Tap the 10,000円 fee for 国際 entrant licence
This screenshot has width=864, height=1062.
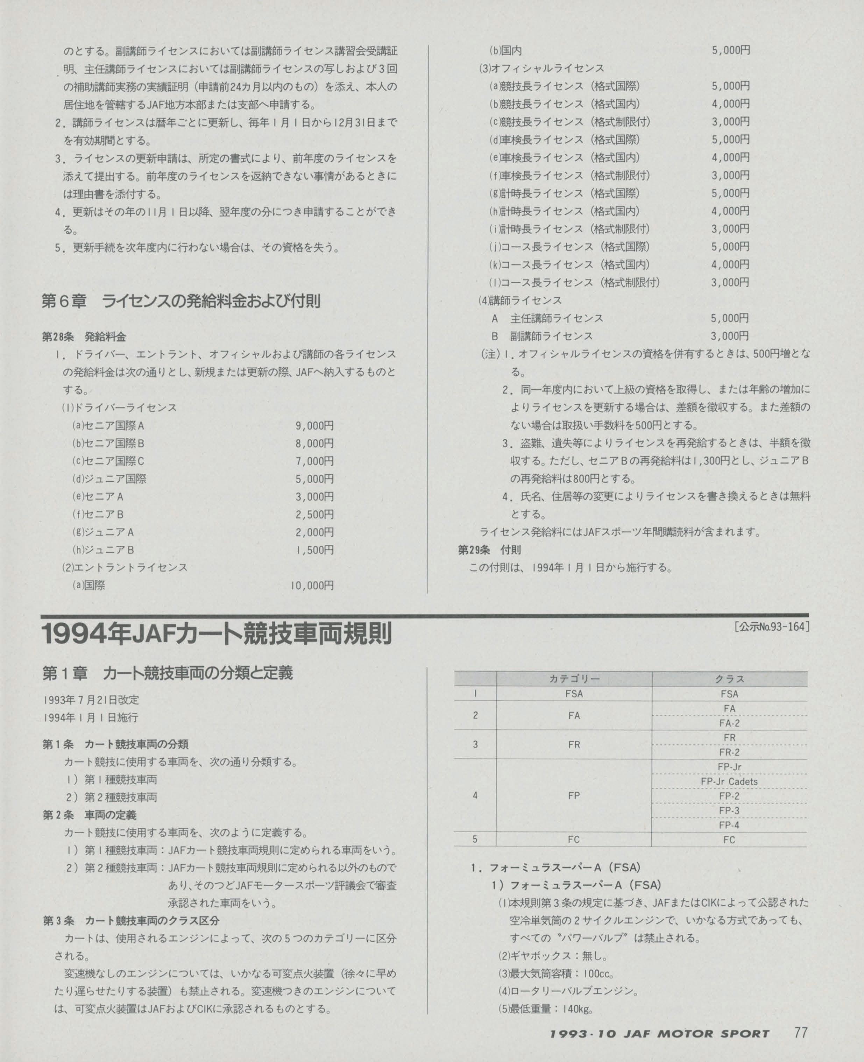[312, 586]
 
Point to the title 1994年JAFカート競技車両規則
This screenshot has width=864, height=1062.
[218, 635]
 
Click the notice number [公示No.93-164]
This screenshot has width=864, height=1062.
[771, 626]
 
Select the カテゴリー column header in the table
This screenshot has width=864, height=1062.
[574, 679]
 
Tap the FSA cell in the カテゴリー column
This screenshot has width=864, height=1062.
[574, 694]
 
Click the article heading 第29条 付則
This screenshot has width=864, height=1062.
[489, 550]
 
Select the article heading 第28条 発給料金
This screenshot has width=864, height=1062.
[84, 337]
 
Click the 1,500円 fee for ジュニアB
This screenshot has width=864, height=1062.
[314, 550]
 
